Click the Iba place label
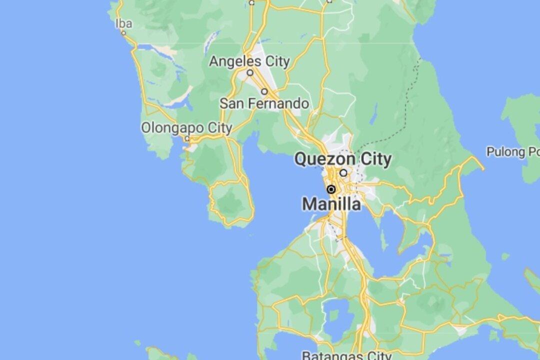point(123,23)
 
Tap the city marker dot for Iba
point(123,33)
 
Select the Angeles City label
point(249,61)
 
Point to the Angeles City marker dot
point(250,72)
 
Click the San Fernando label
point(264,103)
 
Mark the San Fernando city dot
point(264,91)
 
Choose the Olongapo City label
point(186,128)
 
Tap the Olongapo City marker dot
point(187,138)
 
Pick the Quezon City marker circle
point(343,172)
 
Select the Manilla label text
point(331,204)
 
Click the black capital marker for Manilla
point(331,189)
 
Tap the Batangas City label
point(346,355)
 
